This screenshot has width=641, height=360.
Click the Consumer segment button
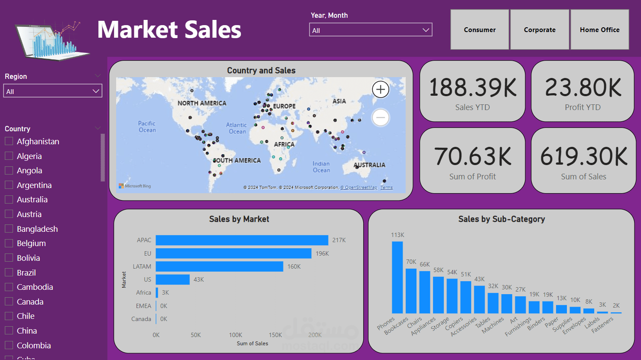(479, 29)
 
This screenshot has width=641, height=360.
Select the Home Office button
(599, 29)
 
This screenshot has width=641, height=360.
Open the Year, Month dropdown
(371, 30)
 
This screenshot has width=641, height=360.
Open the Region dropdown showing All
(52, 91)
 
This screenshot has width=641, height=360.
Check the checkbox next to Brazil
(9, 272)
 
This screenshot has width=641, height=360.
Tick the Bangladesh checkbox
(9, 229)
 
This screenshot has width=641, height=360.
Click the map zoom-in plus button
(381, 90)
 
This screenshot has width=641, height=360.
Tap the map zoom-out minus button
(381, 117)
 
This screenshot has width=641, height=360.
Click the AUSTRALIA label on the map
(369, 165)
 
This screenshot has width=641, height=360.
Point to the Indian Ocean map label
(321, 167)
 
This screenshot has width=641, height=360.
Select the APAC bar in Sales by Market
(242, 240)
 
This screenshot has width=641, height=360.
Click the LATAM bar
(219, 266)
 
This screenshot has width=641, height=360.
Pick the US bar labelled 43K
(172, 279)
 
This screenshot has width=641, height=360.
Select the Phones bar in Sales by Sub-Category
(397, 277)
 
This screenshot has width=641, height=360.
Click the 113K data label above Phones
(397, 235)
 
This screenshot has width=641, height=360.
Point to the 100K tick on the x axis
(235, 335)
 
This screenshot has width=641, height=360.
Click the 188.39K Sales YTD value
(472, 88)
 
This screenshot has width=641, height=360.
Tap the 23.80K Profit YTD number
(583, 88)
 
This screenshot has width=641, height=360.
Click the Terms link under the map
(387, 188)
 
